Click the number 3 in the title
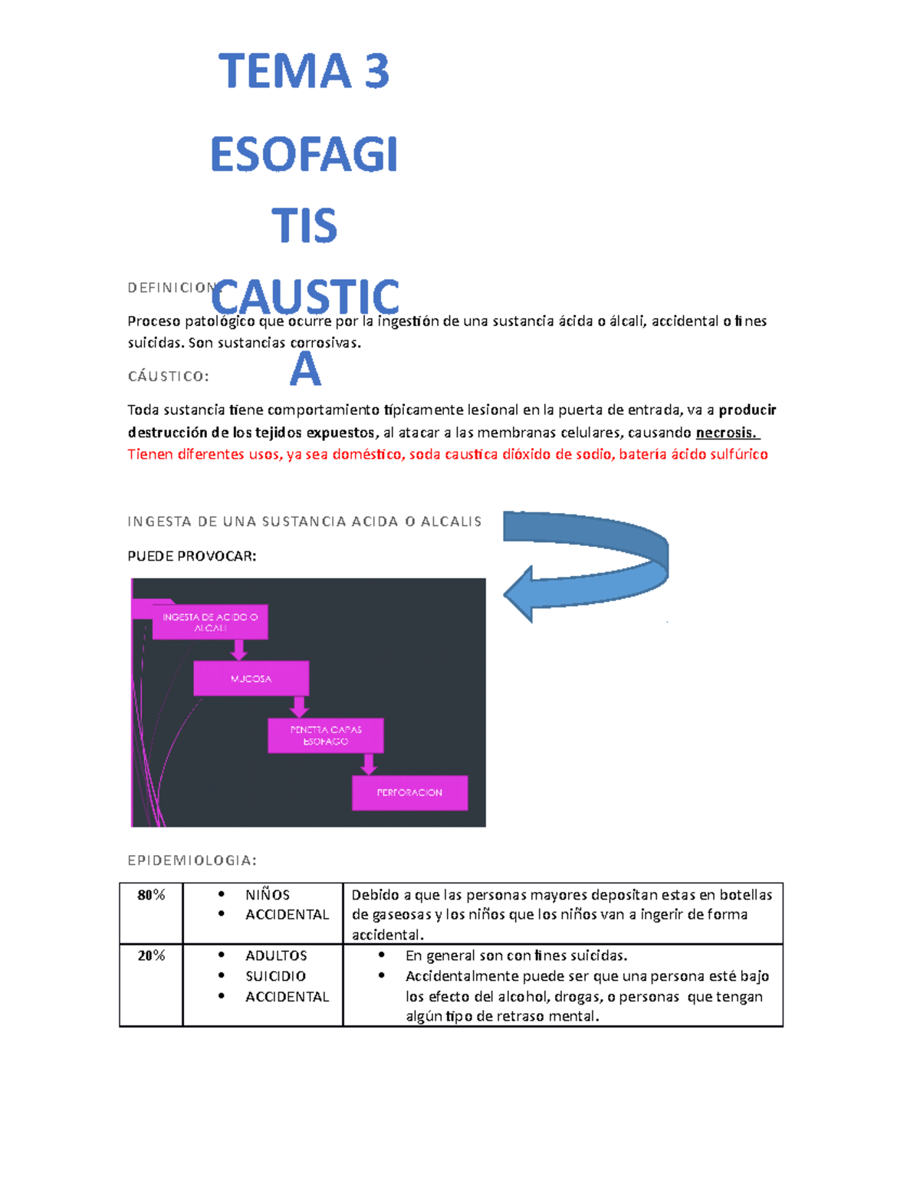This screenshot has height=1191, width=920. [x=376, y=72]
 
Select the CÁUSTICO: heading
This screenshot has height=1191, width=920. [x=168, y=377]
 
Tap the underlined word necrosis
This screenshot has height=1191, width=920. [x=725, y=433]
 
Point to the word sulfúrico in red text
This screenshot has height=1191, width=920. [x=739, y=454]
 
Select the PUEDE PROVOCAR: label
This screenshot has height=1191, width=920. [x=192, y=556]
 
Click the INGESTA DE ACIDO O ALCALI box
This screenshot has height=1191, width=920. [x=210, y=622]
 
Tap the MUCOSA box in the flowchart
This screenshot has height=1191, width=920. [x=251, y=679]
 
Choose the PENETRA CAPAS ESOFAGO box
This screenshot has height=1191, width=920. [x=325, y=735]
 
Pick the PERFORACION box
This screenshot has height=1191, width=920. [x=409, y=792]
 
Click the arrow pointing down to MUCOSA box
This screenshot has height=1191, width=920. [x=239, y=650]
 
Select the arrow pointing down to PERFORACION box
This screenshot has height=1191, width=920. [x=369, y=764]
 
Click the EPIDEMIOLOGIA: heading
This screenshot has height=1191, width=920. [x=192, y=860]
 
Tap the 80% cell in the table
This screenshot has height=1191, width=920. [x=151, y=895]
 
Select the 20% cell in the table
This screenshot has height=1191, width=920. [x=151, y=956]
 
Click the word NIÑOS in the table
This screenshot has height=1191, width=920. [x=268, y=895]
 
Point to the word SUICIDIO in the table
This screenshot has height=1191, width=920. [x=275, y=976]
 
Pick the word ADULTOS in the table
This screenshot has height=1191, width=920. [x=276, y=956]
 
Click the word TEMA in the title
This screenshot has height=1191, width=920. [x=284, y=72]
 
